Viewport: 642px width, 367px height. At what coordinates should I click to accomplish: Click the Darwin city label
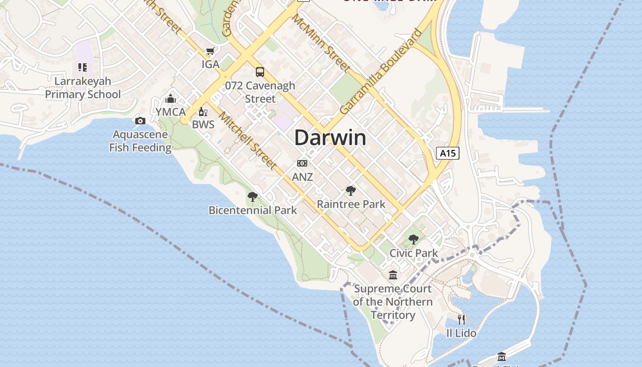(x=330, y=138)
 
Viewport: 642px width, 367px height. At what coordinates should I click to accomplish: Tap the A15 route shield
(x=447, y=153)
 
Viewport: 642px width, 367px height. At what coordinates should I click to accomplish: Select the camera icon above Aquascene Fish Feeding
(x=140, y=121)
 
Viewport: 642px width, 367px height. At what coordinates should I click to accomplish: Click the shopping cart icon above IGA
(x=210, y=51)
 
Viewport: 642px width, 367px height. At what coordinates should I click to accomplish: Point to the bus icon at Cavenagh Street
(x=260, y=72)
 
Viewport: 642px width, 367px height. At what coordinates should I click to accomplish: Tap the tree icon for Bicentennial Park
(x=252, y=197)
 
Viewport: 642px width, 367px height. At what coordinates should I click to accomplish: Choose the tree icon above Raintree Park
(x=351, y=191)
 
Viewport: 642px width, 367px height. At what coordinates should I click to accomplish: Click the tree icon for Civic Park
(x=414, y=239)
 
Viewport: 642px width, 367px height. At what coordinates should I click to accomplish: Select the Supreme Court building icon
(x=393, y=275)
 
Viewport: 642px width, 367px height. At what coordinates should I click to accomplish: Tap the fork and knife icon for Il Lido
(x=461, y=319)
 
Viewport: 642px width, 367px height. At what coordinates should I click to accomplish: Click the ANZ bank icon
(x=302, y=163)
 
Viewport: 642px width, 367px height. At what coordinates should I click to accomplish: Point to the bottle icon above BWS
(x=203, y=111)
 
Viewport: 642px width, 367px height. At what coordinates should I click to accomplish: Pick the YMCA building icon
(x=171, y=99)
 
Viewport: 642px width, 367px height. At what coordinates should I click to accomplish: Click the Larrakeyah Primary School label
(x=83, y=88)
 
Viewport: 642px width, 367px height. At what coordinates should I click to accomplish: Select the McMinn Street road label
(x=321, y=43)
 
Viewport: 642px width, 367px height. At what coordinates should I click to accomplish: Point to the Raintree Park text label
(x=351, y=204)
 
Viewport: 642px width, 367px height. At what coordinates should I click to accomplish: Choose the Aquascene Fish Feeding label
(x=140, y=141)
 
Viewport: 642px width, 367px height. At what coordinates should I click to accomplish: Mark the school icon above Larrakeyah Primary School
(x=83, y=68)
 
